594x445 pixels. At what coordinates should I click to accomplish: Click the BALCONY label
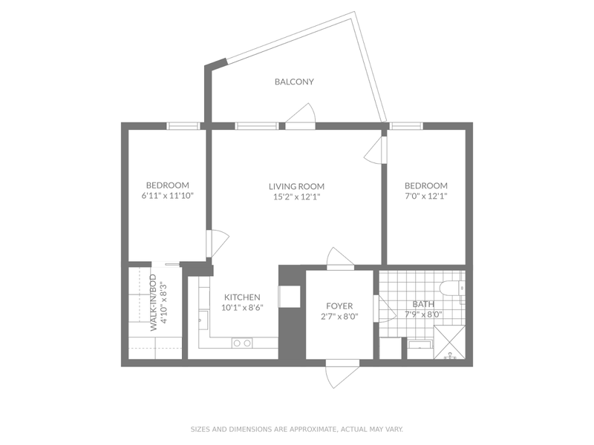coord(294,82)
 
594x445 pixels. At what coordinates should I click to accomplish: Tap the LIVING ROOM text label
coord(296,186)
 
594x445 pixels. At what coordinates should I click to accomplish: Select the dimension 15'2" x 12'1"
coord(296,197)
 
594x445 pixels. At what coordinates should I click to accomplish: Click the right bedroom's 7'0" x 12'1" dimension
coord(425,197)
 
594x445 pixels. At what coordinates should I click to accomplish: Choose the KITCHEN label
coord(241,296)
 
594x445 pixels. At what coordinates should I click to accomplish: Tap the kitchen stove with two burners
coord(241,343)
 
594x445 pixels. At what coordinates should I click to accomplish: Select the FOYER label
coord(339,306)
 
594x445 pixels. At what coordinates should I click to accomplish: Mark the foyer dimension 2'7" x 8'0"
coord(339,316)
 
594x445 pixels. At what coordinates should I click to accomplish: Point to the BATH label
coord(424,304)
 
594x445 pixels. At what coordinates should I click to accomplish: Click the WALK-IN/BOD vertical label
coord(153,303)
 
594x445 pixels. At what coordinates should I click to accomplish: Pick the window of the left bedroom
coord(182,126)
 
